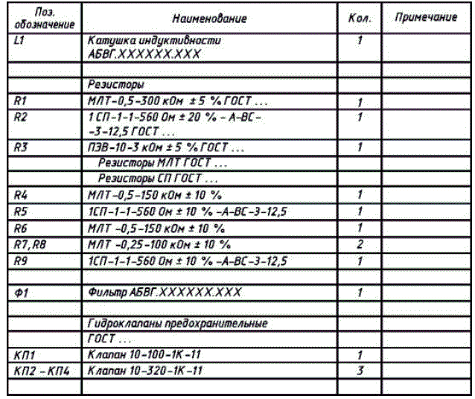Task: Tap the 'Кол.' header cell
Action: pos(360,17)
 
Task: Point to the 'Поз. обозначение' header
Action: pos(45,18)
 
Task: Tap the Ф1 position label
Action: pos(22,293)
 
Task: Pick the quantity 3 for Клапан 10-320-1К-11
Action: pos(359,370)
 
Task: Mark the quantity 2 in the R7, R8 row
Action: pos(359,244)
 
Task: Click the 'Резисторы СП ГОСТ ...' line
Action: pos(158,179)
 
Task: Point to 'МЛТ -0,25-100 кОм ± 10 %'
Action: pos(159,244)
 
